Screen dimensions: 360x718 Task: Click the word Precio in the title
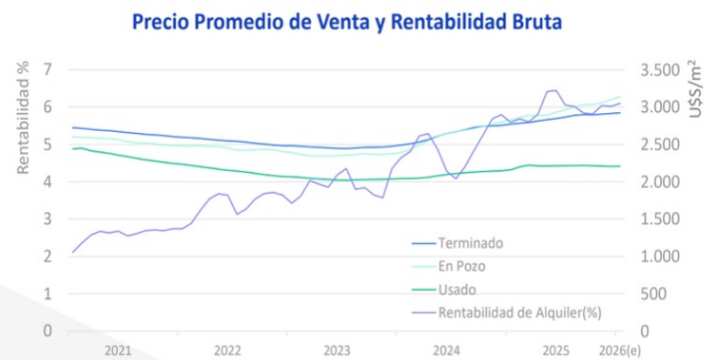tap(163, 21)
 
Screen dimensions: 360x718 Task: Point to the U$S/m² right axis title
tap(694, 90)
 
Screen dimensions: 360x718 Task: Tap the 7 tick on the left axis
tap(46, 70)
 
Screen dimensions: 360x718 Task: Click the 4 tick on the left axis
tap(46, 182)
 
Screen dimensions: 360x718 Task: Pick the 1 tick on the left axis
tap(46, 293)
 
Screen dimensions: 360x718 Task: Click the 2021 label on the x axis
tap(117, 350)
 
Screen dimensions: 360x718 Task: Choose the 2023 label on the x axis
tap(336, 350)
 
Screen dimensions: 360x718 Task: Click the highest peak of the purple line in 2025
tap(552, 90)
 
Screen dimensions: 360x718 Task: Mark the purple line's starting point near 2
tap(72, 253)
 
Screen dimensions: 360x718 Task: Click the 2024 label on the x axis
tap(446, 350)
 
